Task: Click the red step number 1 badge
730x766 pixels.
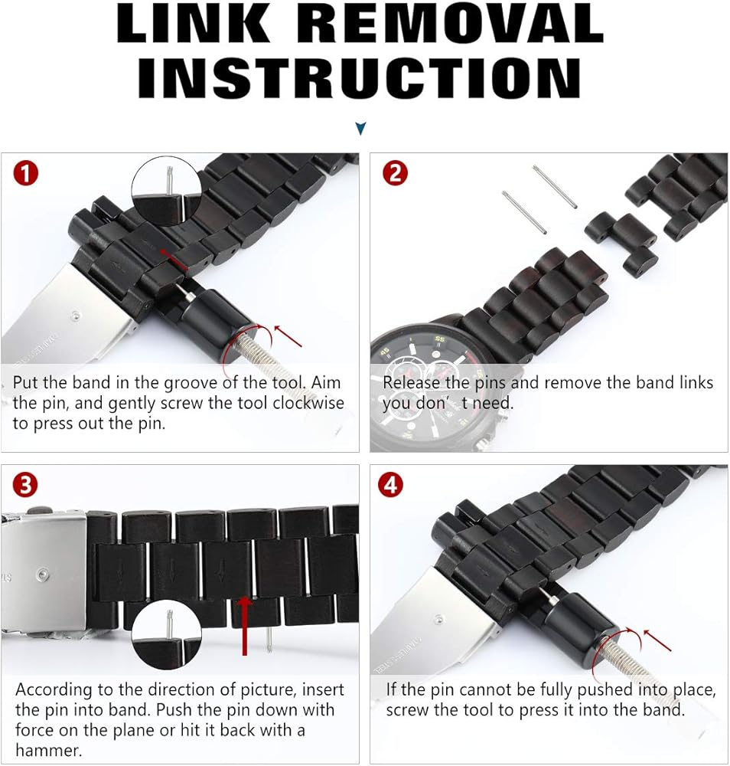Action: (26, 173)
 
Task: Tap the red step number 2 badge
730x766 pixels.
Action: (396, 173)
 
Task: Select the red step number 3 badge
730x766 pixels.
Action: (25, 485)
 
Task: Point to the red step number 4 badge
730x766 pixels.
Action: (391, 485)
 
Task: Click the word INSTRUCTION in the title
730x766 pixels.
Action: (360, 77)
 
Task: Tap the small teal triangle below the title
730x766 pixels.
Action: (360, 129)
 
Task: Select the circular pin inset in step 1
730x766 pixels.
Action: (167, 191)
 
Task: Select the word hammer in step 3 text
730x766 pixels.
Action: (48, 750)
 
